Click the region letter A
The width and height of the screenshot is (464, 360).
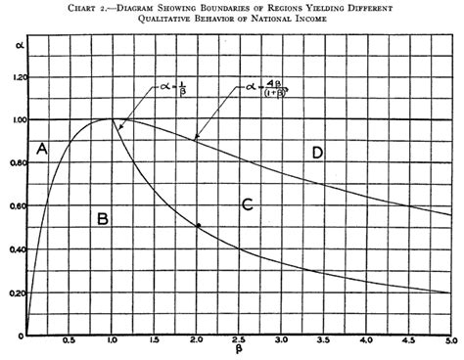click(x=41, y=149)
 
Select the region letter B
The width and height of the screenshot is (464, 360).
click(x=102, y=218)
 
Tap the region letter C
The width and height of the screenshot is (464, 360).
click(x=247, y=203)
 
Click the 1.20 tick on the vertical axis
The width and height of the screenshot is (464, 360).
click(x=13, y=76)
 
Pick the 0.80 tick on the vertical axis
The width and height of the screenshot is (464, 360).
click(x=13, y=163)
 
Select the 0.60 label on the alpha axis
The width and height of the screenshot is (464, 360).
click(x=13, y=206)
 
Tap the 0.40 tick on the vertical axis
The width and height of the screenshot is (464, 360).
click(x=13, y=249)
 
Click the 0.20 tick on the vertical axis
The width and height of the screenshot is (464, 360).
click(x=13, y=293)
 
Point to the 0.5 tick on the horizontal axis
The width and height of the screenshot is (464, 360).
click(x=70, y=343)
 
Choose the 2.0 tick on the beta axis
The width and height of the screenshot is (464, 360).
click(x=198, y=343)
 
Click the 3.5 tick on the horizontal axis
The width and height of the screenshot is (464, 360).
click(x=324, y=343)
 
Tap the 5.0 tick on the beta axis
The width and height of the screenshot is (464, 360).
click(x=450, y=343)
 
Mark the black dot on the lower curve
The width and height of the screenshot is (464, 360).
click(x=198, y=226)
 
